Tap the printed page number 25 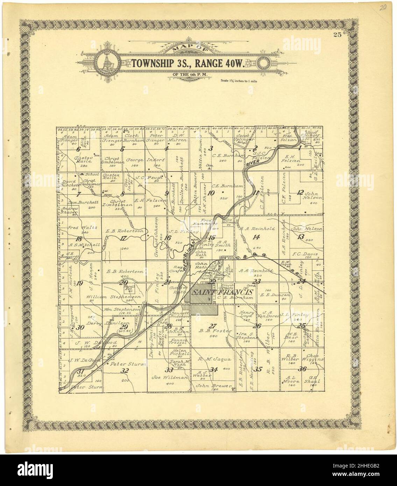coord(337,34)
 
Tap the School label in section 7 coord(92,174)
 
